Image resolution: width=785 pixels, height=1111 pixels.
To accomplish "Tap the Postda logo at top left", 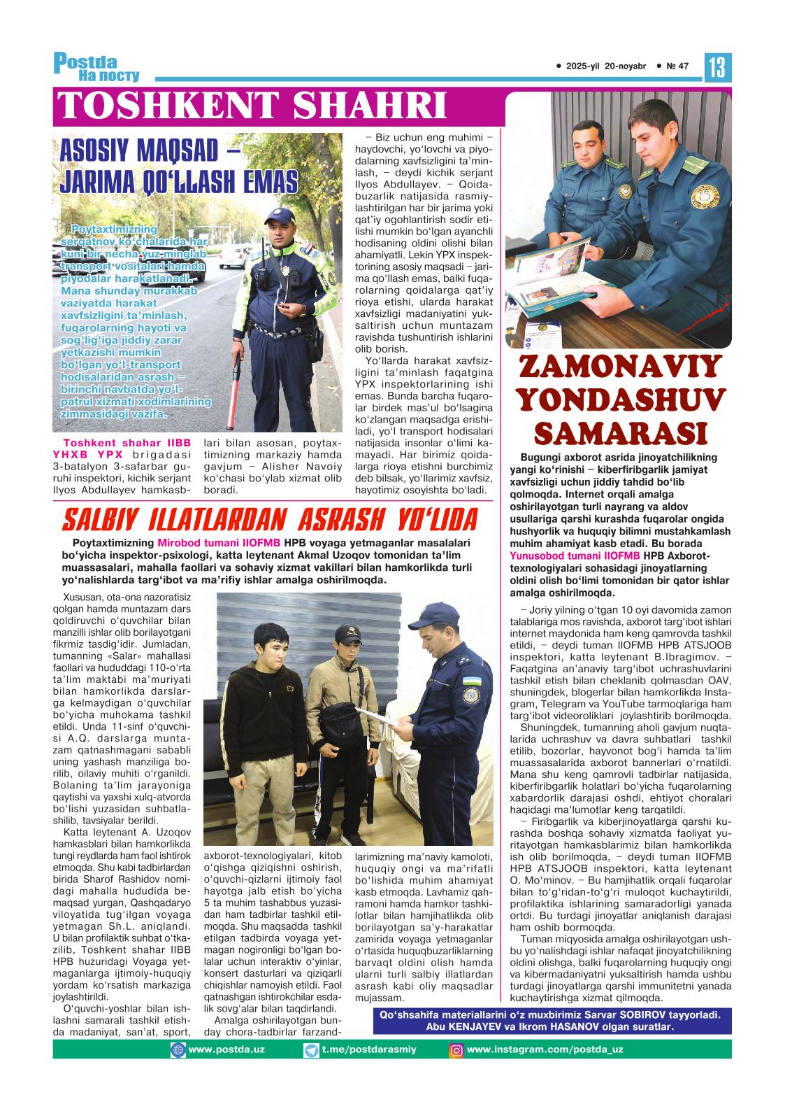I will (96, 67).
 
